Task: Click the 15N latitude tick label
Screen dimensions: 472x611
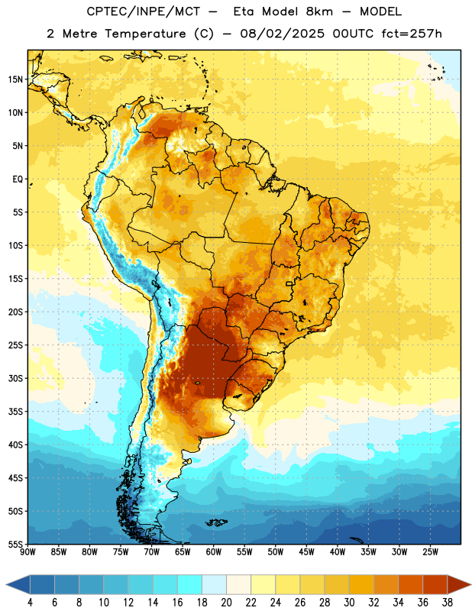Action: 15,79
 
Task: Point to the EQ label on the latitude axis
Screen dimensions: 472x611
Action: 18,179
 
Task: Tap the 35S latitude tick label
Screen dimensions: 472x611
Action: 15,412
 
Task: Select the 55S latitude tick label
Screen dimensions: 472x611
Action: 15,544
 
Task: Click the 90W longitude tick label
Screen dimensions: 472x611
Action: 28,552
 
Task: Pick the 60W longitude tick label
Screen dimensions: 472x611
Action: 214,552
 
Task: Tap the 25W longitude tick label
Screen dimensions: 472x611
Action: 430,552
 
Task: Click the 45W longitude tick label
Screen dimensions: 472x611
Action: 306,552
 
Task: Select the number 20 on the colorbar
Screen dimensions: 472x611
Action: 226,603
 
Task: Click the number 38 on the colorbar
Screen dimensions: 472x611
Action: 448,603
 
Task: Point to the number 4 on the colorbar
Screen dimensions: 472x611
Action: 30,603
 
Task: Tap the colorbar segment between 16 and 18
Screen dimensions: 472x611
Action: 190,585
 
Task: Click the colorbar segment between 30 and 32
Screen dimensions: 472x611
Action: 361,585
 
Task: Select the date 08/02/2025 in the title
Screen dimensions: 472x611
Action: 282,34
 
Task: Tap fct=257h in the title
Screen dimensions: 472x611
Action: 412,34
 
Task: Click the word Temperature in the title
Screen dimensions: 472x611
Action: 145,34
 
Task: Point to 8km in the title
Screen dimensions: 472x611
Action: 319,11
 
